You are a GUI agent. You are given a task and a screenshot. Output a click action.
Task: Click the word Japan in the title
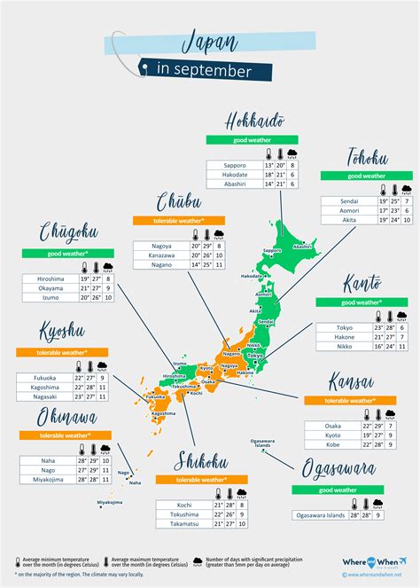click(209, 40)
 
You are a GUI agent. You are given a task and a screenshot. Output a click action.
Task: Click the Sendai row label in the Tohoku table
click(348, 201)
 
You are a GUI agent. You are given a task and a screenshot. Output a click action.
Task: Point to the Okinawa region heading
click(57, 417)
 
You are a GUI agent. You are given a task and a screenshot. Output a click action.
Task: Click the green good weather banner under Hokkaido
click(246, 139)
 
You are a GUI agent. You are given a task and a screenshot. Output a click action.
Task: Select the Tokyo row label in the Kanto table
click(345, 327)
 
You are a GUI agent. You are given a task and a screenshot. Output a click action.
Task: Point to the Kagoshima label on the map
click(163, 413)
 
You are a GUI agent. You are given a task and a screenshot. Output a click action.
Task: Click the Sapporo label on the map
click(271, 251)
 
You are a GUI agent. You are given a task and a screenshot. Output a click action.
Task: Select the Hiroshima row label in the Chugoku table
click(51, 278)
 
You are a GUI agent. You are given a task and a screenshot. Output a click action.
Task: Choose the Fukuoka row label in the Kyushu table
click(43, 377)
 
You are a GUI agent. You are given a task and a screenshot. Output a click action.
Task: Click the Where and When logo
click(373, 563)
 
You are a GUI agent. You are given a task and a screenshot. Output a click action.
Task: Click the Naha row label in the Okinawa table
click(48, 461)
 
